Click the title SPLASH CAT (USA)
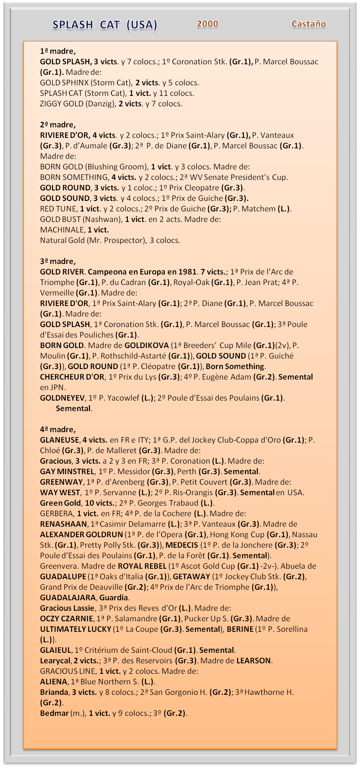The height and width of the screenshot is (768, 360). [x=105, y=25]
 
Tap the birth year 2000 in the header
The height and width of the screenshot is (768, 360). [x=207, y=24]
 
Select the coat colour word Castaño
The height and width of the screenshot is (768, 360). [x=309, y=24]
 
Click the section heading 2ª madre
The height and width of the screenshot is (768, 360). [x=58, y=125]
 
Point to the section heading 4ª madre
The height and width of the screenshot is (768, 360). [x=58, y=430]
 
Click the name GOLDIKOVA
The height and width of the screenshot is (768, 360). [x=147, y=346]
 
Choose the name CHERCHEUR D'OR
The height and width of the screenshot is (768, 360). [x=72, y=377]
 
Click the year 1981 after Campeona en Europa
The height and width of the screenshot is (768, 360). [x=188, y=272]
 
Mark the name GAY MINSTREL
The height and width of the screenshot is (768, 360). [x=67, y=472]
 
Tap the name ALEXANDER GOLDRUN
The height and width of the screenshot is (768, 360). [x=81, y=535]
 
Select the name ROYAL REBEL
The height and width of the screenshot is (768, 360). [x=142, y=566]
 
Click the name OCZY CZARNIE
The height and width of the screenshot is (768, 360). [x=66, y=619]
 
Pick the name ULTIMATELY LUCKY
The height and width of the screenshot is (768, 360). [x=75, y=629]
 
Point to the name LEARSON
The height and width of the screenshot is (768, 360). [x=254, y=661]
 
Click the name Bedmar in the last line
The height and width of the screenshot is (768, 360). [x=54, y=713]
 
